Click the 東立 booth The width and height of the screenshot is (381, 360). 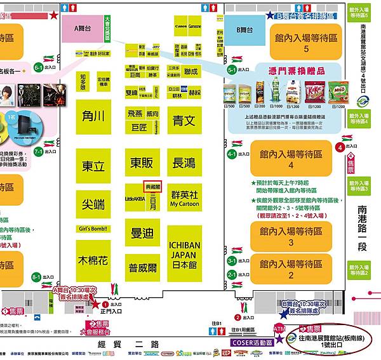tap(93, 166)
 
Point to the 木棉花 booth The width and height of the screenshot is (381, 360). tap(93, 260)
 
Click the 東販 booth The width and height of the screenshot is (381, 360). tap(142, 163)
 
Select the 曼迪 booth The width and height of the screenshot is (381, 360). tap(142, 233)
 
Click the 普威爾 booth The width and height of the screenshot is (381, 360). tap(142, 267)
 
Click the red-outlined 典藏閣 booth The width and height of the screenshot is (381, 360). tap(154, 188)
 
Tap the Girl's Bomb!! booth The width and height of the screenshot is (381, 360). tap(93, 229)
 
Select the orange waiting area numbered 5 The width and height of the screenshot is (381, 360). tap(305, 43)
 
